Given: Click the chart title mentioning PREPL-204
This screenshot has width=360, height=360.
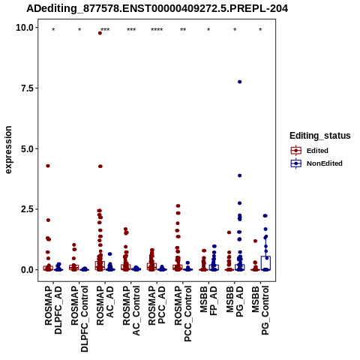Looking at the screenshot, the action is [157, 8].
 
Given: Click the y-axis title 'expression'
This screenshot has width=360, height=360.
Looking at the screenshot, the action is [8, 150].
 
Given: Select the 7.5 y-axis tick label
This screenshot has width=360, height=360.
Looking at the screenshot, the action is [28, 88].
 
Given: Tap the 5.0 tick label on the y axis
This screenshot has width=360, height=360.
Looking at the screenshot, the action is [28, 148].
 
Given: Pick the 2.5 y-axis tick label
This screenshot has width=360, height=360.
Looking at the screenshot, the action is [28, 209].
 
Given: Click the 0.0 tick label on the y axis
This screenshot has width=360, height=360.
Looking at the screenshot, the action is [28, 269].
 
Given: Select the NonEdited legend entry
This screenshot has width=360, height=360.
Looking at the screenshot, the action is [316, 163].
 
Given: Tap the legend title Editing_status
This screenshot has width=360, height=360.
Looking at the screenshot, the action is [320, 136].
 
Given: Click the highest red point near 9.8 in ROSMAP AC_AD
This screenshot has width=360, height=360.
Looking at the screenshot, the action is [100, 33].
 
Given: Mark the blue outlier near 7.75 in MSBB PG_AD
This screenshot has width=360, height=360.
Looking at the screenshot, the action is [239, 82].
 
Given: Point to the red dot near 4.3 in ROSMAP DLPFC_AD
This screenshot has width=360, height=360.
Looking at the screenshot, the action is [48, 166].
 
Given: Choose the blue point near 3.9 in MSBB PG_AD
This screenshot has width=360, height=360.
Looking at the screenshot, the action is [239, 175].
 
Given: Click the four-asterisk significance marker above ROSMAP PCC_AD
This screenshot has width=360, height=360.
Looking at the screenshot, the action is [157, 30].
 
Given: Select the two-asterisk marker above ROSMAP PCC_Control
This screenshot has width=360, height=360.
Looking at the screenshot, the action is [183, 30].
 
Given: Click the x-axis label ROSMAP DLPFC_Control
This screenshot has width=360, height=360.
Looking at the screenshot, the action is [79, 319].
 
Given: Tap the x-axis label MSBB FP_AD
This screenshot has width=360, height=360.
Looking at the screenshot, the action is [208, 301].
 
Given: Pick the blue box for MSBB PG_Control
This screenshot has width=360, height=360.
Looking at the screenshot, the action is [265, 263].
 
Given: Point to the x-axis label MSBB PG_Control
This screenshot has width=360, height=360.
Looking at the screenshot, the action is [260, 310].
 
